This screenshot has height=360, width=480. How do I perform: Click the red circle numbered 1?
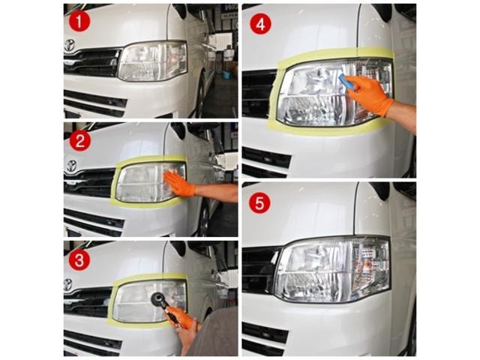click(79, 22)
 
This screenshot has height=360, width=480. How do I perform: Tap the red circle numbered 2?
click(80, 141)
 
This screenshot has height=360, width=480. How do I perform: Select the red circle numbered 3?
click(79, 260)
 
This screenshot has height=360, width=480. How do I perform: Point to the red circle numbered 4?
click(260, 25)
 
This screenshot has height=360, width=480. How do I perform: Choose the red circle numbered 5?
click(259, 203)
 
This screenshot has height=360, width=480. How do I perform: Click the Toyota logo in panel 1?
click(70, 46)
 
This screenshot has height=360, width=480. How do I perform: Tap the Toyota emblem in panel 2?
click(71, 166)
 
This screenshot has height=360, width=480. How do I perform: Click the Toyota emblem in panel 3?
click(67, 285)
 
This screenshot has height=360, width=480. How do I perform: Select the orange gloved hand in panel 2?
click(180, 183)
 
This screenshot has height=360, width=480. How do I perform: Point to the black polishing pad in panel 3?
click(158, 299)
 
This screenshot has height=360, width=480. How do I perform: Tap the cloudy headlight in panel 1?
click(152, 61)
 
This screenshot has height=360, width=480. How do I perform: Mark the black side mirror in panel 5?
click(379, 190)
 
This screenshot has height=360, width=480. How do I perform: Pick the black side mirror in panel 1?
click(181, 10)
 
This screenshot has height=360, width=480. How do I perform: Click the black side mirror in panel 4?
click(382, 12)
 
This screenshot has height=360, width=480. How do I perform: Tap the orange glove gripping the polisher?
click(181, 316)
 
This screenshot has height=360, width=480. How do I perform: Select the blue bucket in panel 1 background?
click(226, 75)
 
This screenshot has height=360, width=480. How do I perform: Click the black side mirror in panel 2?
click(178, 130)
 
